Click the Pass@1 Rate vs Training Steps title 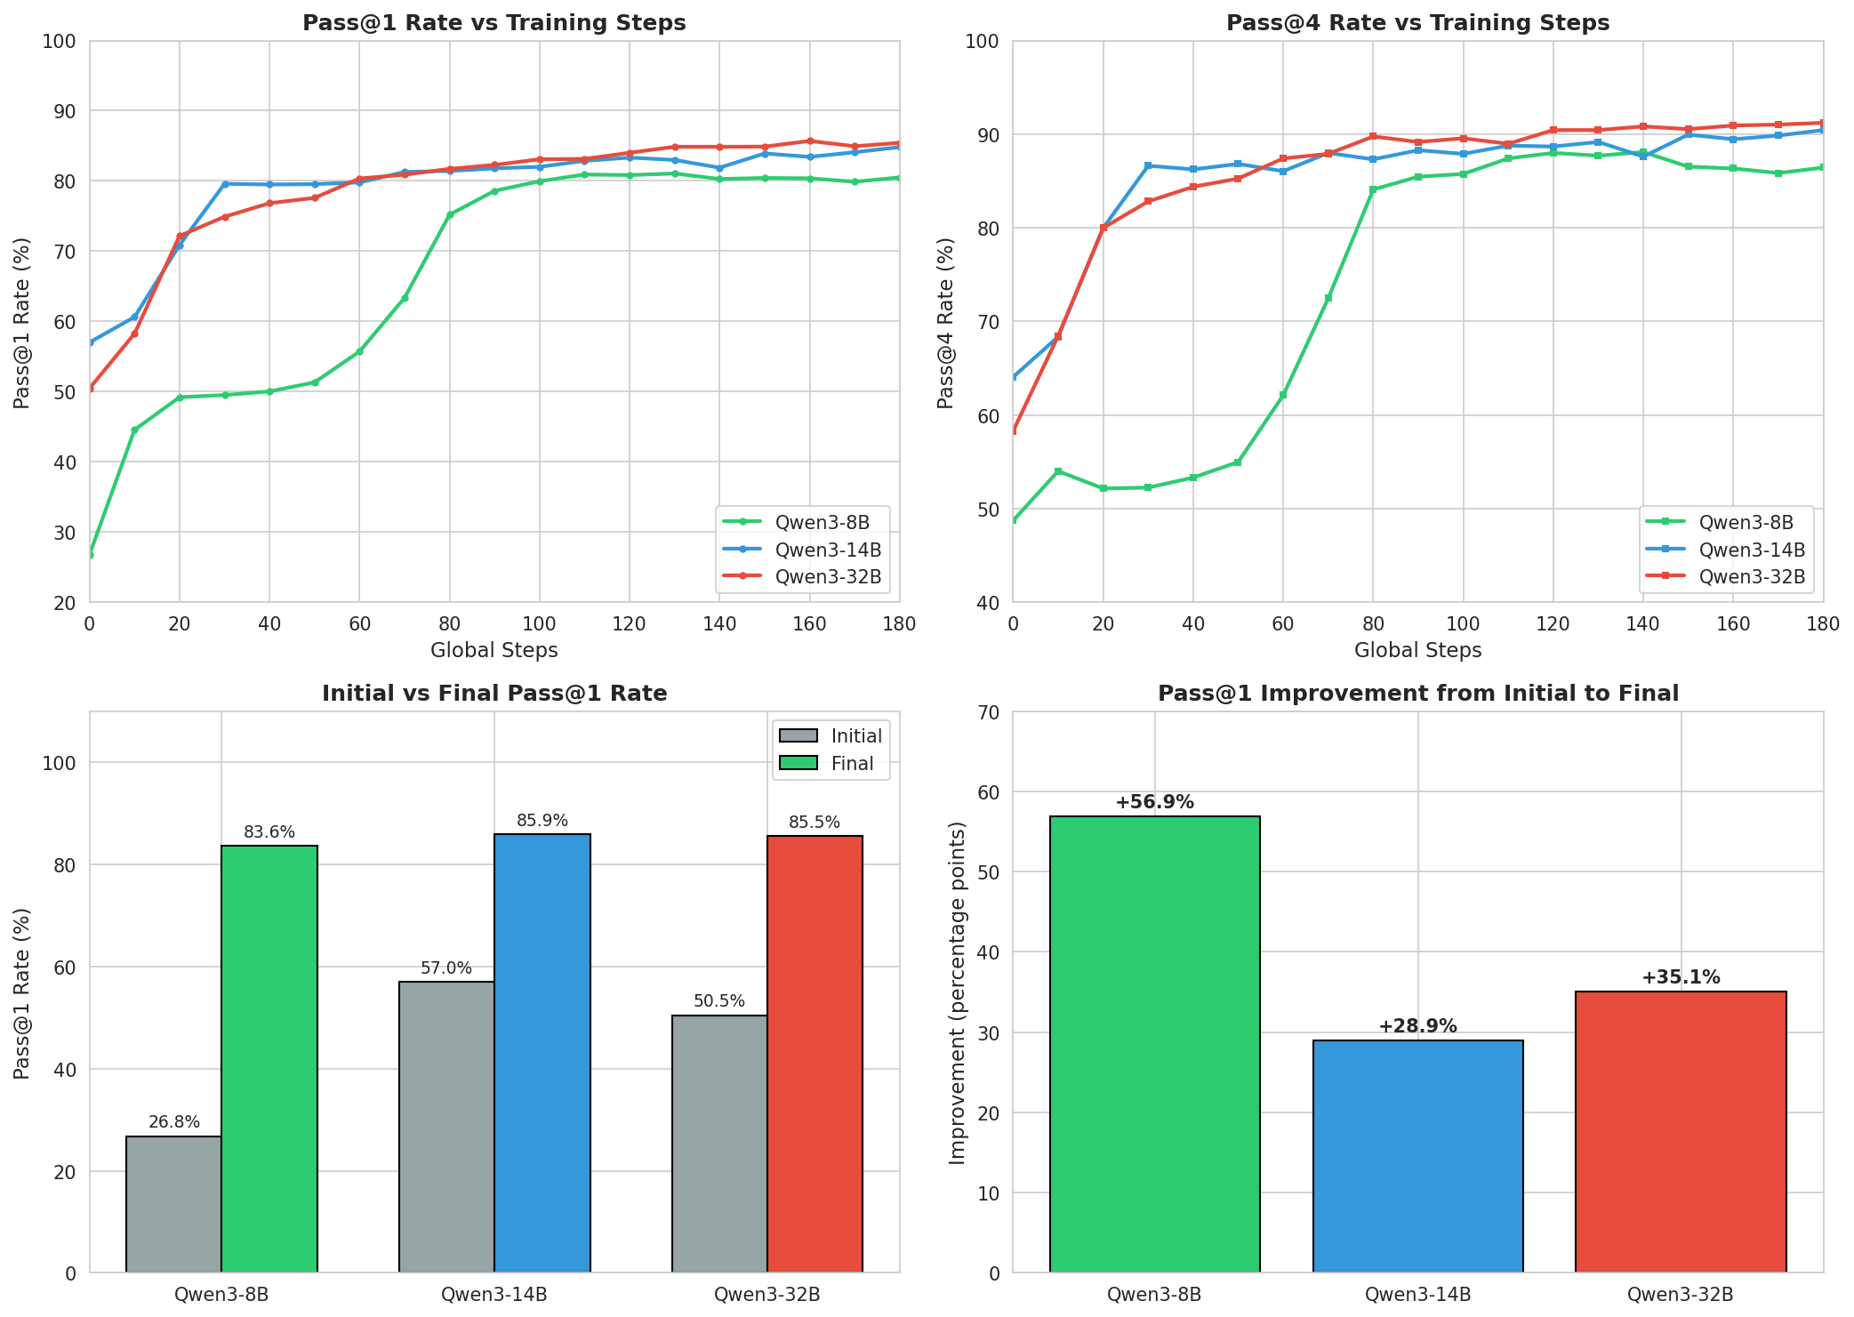(494, 23)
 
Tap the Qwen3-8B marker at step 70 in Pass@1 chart (405, 298)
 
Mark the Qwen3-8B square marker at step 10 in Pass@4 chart (1058, 471)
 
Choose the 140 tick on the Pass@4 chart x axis (1642, 625)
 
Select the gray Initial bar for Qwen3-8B (174, 1204)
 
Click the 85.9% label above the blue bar (542, 821)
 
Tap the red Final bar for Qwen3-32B (815, 1054)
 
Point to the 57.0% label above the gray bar (446, 968)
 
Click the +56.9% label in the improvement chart (1154, 803)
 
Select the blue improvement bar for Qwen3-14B (1417, 1156)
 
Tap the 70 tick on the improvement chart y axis (989, 712)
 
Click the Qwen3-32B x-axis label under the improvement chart (1680, 1295)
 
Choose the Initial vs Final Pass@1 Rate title (494, 694)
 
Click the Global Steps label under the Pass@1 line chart (494, 651)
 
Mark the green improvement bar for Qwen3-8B (1154, 1044)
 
